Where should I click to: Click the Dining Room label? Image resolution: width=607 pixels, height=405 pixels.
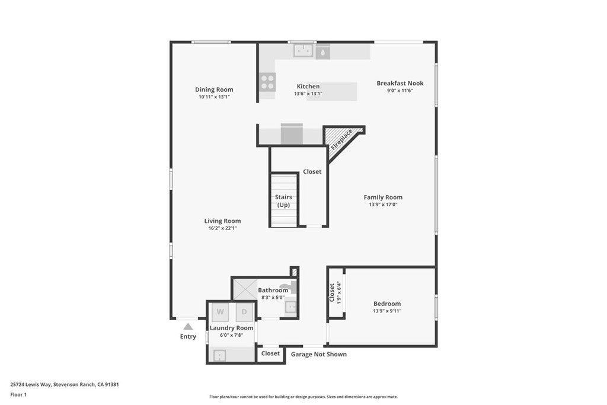pos(214,90)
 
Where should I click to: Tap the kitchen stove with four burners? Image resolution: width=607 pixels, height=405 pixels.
pos(267,82)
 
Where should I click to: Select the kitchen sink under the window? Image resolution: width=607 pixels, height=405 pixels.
pos(303,50)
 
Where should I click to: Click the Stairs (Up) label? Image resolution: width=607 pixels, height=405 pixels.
pos(283,201)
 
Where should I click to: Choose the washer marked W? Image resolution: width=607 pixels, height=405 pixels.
pos(221,312)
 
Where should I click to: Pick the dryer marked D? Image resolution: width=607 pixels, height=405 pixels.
pos(244,312)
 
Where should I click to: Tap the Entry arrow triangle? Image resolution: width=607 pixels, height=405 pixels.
pos(188,326)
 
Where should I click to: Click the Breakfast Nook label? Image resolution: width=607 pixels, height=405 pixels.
pos(400,83)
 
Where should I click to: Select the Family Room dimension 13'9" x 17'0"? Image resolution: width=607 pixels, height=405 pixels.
pos(384,205)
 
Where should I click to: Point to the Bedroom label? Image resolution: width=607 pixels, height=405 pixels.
pos(387,304)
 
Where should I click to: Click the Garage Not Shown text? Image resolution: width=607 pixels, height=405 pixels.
pos(318,354)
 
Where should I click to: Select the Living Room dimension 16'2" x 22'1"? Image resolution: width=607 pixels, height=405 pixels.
pos(223,228)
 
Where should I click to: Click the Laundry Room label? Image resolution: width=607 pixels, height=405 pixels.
pos(232,328)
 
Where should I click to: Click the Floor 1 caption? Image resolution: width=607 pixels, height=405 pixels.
pos(18,395)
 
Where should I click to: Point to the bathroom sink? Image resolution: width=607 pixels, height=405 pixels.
pos(290,308)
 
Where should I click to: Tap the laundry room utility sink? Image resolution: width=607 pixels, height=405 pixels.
pos(219,355)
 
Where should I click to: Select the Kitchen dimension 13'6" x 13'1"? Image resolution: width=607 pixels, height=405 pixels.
pos(308,94)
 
